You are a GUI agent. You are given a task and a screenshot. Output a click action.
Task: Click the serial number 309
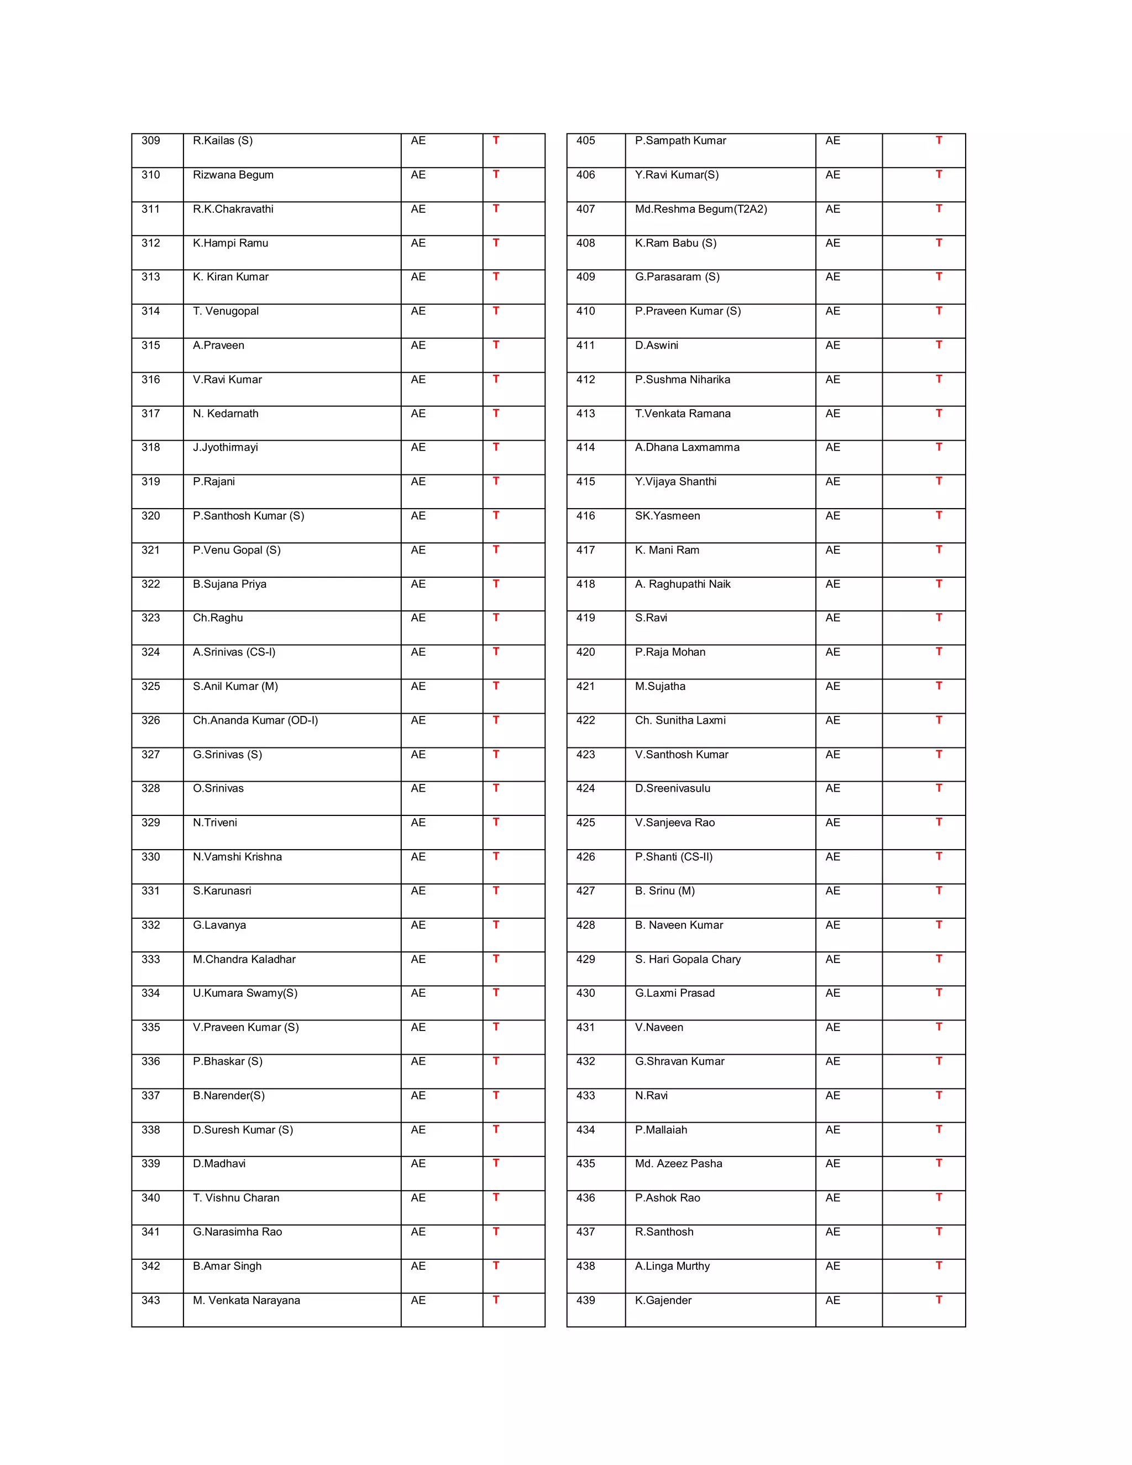point(150,141)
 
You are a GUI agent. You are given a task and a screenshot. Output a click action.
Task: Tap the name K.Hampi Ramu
point(230,243)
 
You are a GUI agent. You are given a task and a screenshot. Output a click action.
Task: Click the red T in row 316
point(496,379)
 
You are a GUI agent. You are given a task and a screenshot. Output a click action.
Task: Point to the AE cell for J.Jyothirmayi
point(418,447)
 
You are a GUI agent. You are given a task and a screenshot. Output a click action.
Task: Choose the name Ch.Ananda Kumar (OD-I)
point(255,720)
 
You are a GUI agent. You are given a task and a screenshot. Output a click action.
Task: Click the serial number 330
point(150,856)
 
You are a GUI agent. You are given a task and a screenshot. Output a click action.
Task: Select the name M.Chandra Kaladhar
point(244,959)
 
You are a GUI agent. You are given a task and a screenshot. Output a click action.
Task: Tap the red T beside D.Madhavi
point(496,1163)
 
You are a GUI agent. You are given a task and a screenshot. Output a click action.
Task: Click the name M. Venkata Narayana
point(246,1300)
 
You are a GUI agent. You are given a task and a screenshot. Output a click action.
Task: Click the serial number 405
point(585,141)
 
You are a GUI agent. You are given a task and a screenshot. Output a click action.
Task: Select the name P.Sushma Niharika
point(682,380)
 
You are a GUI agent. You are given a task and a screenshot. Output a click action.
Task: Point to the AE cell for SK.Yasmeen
point(832,516)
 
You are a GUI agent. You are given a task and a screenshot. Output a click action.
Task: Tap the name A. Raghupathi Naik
point(682,584)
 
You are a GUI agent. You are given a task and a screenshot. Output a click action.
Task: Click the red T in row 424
point(939,787)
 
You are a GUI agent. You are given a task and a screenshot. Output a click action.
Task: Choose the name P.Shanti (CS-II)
point(673,856)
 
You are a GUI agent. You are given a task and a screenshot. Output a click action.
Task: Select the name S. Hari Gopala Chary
point(688,959)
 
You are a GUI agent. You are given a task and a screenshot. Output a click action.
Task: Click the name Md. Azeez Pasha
point(678,1163)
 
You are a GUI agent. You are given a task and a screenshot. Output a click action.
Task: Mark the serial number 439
point(585,1300)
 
